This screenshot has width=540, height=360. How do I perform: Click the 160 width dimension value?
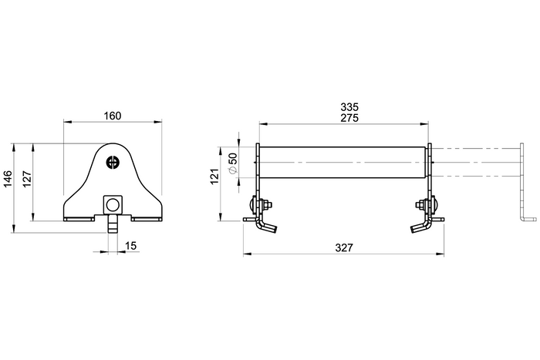pyautogui.click(x=113, y=116)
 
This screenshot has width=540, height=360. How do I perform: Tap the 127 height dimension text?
pyautogui.click(x=28, y=180)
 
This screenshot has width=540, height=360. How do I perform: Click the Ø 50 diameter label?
pyautogui.click(x=232, y=164)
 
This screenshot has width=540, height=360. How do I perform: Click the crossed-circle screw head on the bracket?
pyautogui.click(x=113, y=161)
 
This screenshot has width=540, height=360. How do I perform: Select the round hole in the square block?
pyautogui.click(x=113, y=204)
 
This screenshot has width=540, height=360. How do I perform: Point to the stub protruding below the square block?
pyautogui.click(x=113, y=225)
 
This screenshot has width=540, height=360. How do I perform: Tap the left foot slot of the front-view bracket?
pyautogui.click(x=78, y=218)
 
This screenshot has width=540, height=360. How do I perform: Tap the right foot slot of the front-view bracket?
pyautogui.click(x=147, y=218)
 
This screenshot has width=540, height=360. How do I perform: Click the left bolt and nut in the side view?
pyautogui.click(x=259, y=206)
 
